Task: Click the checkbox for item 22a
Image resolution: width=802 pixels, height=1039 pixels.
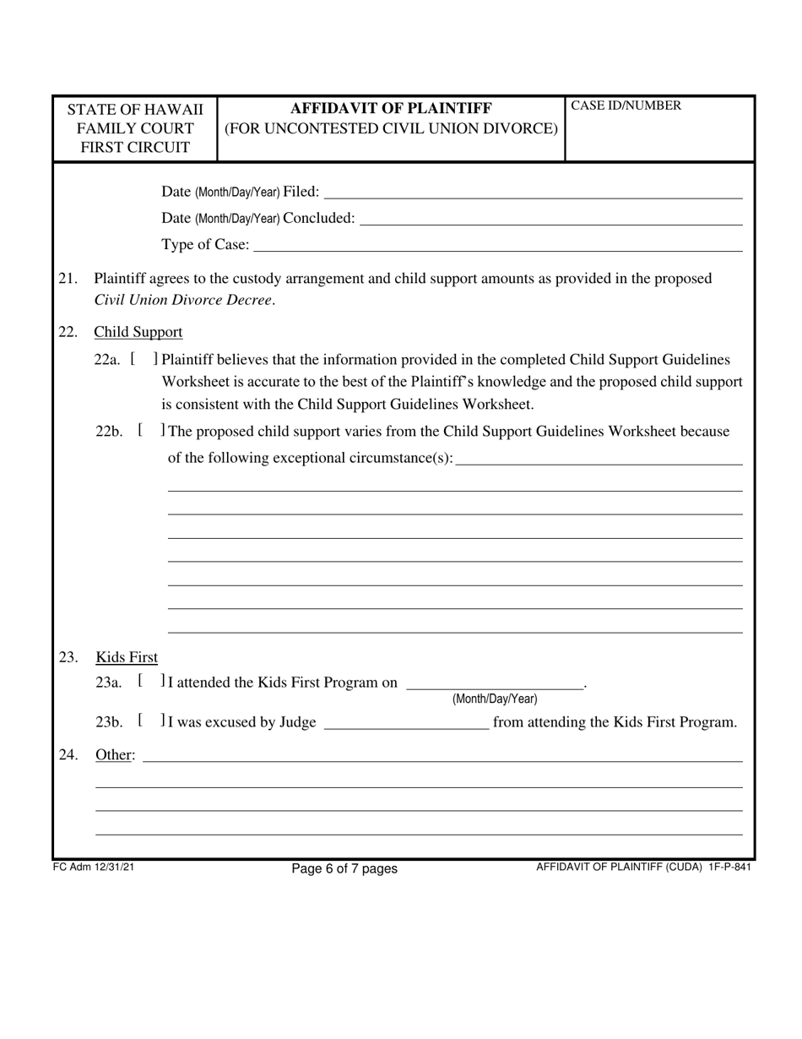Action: [x=144, y=359]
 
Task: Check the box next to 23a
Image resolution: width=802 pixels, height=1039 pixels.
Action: [x=150, y=681]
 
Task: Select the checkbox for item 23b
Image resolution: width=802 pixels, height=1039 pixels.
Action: [x=150, y=721]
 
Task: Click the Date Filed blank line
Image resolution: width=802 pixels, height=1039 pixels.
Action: [x=532, y=193]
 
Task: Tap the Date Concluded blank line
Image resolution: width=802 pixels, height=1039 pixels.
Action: [x=550, y=220]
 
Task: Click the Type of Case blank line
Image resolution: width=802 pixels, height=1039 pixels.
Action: [x=497, y=246]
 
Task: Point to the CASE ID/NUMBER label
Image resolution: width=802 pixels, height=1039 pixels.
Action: [x=615, y=106]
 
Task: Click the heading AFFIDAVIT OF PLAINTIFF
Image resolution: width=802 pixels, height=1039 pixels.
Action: [x=391, y=108]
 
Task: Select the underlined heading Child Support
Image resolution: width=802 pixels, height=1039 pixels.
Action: [x=138, y=332]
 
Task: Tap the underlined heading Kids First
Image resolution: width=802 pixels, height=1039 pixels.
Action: [x=127, y=657]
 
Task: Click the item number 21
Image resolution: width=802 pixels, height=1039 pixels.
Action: [x=68, y=279]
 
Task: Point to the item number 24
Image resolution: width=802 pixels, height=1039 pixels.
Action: [x=68, y=754]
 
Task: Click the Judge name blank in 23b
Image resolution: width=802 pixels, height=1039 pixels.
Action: [x=406, y=724]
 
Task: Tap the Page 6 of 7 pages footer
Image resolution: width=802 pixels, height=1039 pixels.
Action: [x=344, y=868]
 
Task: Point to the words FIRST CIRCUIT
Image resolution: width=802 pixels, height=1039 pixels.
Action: [x=135, y=148]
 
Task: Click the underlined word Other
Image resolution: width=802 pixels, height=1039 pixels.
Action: [x=114, y=754]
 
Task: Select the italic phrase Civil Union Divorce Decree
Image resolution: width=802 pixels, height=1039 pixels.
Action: [x=183, y=300]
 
